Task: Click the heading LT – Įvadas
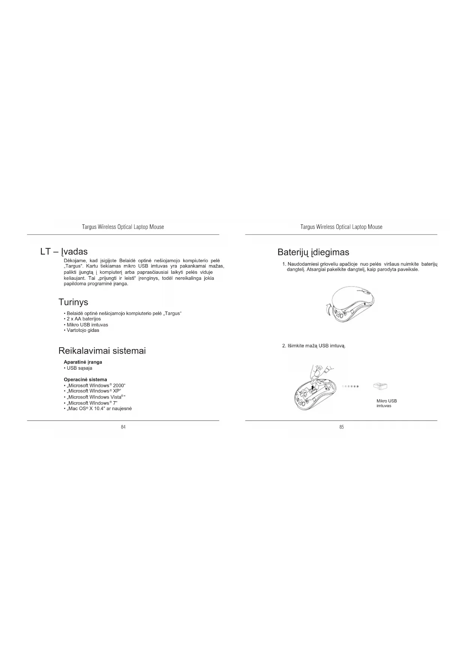[64, 251]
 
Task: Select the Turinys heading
[73, 302]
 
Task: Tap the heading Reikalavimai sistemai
[102, 351]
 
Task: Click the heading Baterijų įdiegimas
[313, 252]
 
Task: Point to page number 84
[123, 427]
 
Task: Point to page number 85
[341, 427]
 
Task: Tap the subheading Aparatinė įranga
[83, 362]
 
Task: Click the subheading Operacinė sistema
[85, 379]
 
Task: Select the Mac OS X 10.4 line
[99, 409]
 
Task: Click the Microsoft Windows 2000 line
[95, 385]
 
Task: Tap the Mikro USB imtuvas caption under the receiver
[386, 403]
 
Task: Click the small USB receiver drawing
[380, 386]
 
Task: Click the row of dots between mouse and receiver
[351, 386]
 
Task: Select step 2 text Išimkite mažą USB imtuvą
[314, 346]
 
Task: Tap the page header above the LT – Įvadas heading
[123, 227]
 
